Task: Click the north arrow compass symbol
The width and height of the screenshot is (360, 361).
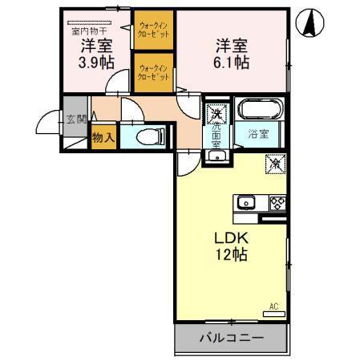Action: [x=309, y=23]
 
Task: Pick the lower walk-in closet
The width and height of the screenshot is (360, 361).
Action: [x=153, y=73]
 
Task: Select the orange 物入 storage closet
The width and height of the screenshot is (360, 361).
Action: [x=101, y=139]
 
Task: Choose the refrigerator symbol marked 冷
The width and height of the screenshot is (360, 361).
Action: [x=273, y=164]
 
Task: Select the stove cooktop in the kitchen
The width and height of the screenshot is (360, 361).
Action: [x=277, y=202]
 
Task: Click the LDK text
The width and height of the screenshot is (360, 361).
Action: [x=229, y=238]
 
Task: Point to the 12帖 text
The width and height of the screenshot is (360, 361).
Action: [x=229, y=256]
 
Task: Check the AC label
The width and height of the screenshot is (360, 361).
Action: [x=274, y=306]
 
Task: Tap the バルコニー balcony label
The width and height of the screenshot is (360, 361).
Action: [x=231, y=338]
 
